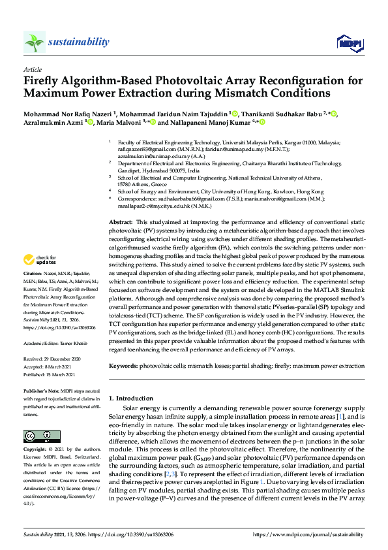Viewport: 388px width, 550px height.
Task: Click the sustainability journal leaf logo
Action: tap(35, 42)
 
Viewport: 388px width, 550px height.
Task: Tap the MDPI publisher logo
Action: tap(350, 43)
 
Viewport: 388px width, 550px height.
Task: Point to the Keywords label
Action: tap(123, 366)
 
